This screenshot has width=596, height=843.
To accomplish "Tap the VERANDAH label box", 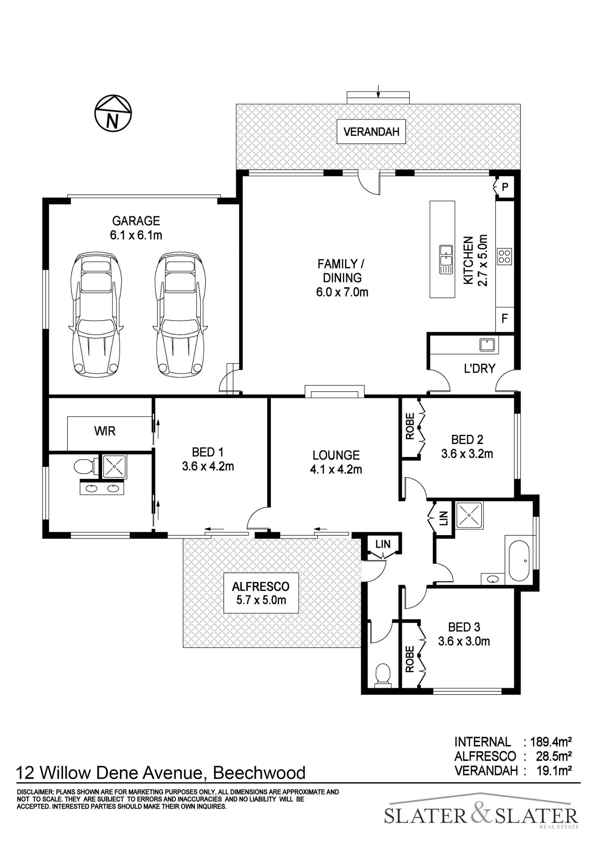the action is coord(371,131).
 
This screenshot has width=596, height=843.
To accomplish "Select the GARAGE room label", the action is coord(136,221).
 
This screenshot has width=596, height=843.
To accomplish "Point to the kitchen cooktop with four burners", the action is coord(504,256).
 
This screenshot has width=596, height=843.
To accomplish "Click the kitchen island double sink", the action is coord(446,260).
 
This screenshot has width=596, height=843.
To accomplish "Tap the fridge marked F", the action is coord(505,318).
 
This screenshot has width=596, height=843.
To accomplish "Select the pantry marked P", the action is coord(505,187).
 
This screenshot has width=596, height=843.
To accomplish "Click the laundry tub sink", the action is coord(487,345).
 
